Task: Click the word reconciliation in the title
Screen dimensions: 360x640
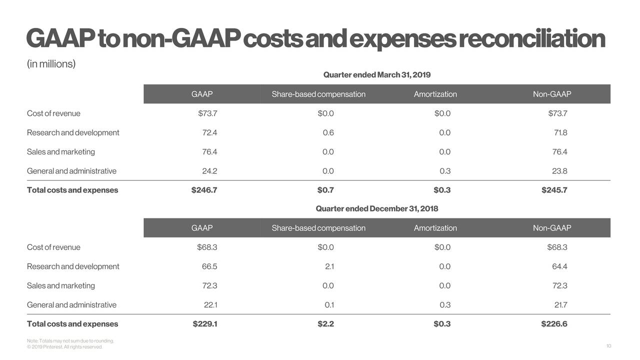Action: click(x=531, y=39)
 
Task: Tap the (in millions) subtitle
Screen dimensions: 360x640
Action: click(x=51, y=64)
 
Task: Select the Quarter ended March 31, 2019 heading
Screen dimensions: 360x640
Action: click(x=376, y=75)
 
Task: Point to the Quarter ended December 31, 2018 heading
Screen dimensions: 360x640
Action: click(x=376, y=208)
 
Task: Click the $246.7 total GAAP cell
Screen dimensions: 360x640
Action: click(x=204, y=190)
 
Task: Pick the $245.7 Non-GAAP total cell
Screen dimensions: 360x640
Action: click(x=554, y=190)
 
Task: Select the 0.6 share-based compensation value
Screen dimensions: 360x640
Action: click(x=328, y=132)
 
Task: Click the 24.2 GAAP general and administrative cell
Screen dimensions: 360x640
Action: click(x=209, y=171)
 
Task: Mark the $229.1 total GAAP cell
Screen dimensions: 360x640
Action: click(x=204, y=324)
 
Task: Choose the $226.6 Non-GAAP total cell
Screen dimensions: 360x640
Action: click(x=554, y=324)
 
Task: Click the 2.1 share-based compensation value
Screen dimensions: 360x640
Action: click(x=329, y=266)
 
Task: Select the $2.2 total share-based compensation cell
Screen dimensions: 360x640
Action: click(x=325, y=324)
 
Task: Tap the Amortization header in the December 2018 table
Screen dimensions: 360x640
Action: click(x=435, y=228)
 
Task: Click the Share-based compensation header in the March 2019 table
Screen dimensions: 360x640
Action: click(x=318, y=94)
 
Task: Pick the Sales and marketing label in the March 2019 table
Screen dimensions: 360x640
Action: click(x=60, y=152)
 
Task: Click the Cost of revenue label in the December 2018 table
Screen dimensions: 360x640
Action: click(x=53, y=247)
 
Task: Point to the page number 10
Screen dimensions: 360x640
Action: click(x=608, y=346)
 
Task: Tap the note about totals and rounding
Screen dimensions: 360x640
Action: click(x=70, y=341)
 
